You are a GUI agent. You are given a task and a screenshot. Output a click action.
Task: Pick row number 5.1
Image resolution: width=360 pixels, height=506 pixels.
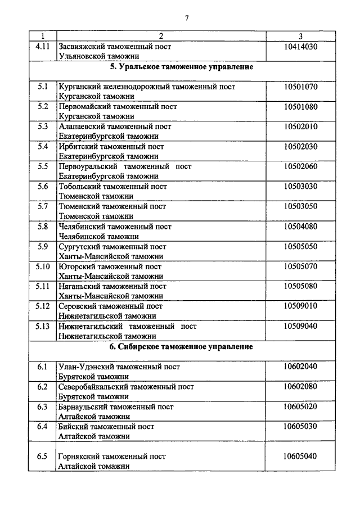coord(43,87)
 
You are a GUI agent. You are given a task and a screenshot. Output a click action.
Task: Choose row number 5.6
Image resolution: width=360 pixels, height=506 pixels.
coord(43,186)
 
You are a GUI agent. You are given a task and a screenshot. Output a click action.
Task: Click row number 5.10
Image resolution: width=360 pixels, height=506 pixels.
coord(43,266)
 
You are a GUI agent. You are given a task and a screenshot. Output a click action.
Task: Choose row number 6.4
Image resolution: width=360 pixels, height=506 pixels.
coord(43,426)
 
